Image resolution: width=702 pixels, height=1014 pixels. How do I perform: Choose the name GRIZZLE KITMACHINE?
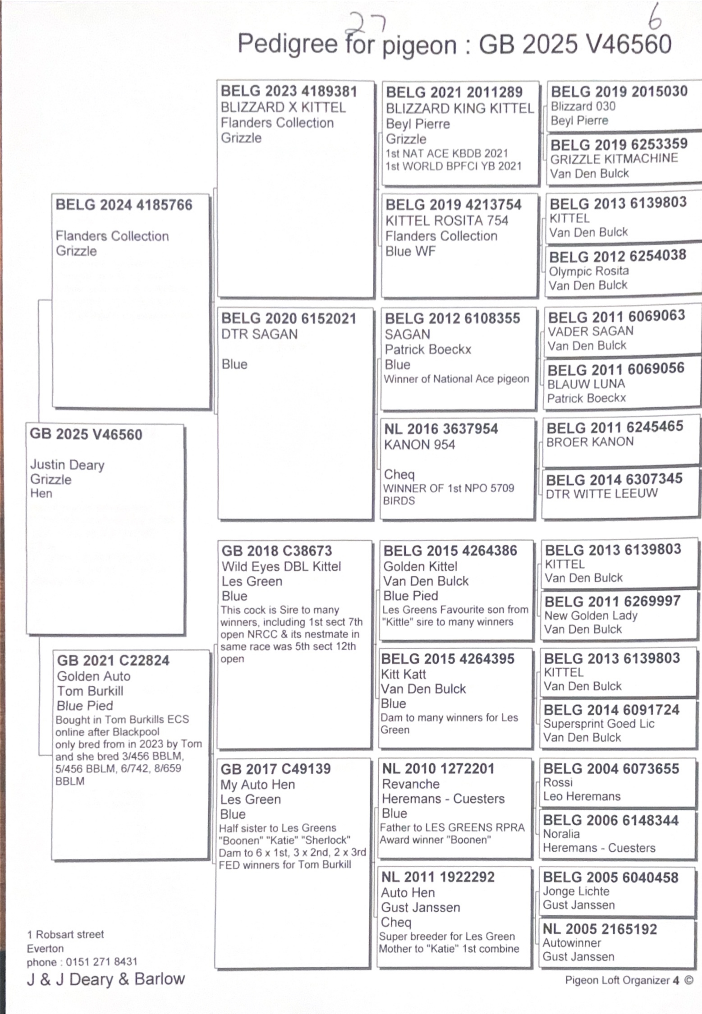point(614,159)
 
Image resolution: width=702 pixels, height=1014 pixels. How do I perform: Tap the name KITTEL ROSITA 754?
point(446,220)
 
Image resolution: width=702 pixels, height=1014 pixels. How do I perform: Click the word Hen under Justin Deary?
point(41,494)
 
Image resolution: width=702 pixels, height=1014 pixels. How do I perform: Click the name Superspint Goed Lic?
point(599,724)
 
